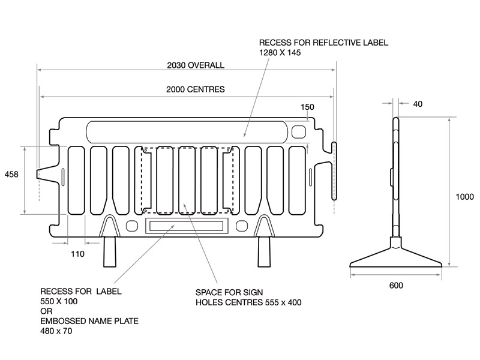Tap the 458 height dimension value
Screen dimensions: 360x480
click(11, 174)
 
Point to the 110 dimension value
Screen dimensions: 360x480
click(77, 254)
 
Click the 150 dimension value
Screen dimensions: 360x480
click(307, 107)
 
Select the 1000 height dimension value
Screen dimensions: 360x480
click(464, 197)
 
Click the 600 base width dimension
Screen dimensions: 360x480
click(396, 285)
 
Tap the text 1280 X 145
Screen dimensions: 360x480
click(279, 53)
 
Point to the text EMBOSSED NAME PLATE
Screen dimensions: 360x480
click(89, 321)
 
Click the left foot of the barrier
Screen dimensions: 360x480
click(110, 252)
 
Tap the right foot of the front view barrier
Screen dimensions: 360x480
click(265, 252)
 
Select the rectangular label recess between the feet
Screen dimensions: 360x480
click(186, 226)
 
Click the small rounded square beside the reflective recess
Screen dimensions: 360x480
click(298, 131)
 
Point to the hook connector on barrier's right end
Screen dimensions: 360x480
click(334, 170)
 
